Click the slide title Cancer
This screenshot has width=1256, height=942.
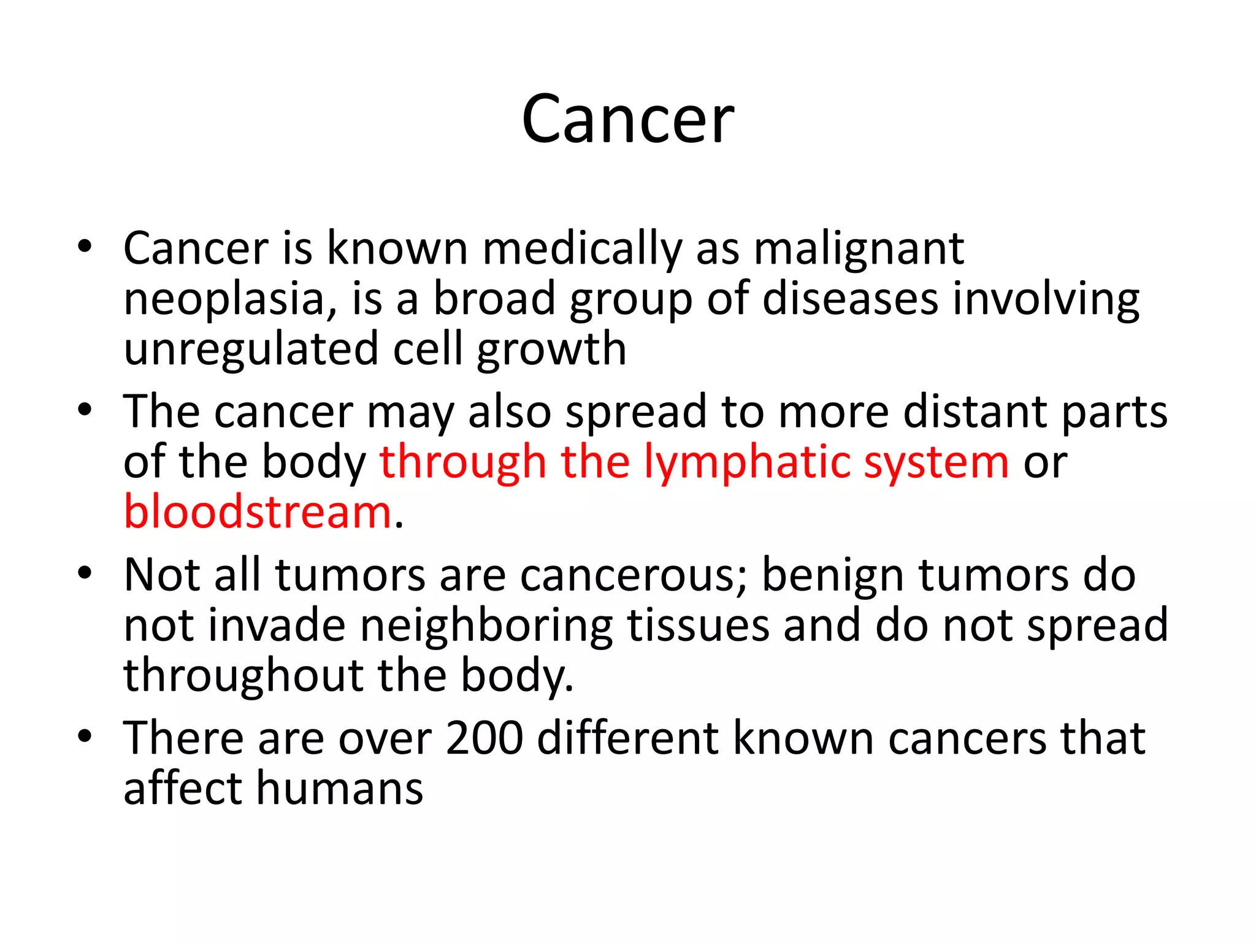point(627,119)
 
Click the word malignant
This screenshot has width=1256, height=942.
point(859,250)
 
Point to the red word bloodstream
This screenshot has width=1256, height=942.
point(258,513)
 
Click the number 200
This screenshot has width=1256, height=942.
point(484,738)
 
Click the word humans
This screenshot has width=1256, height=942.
point(339,789)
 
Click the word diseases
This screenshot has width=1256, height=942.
point(850,300)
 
